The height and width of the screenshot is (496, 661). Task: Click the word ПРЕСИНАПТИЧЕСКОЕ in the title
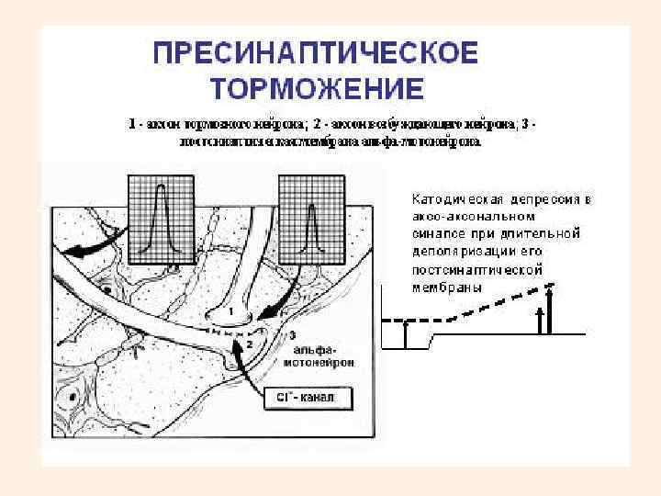(x=315, y=53)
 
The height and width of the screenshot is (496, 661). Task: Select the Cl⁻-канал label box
(x=300, y=398)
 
